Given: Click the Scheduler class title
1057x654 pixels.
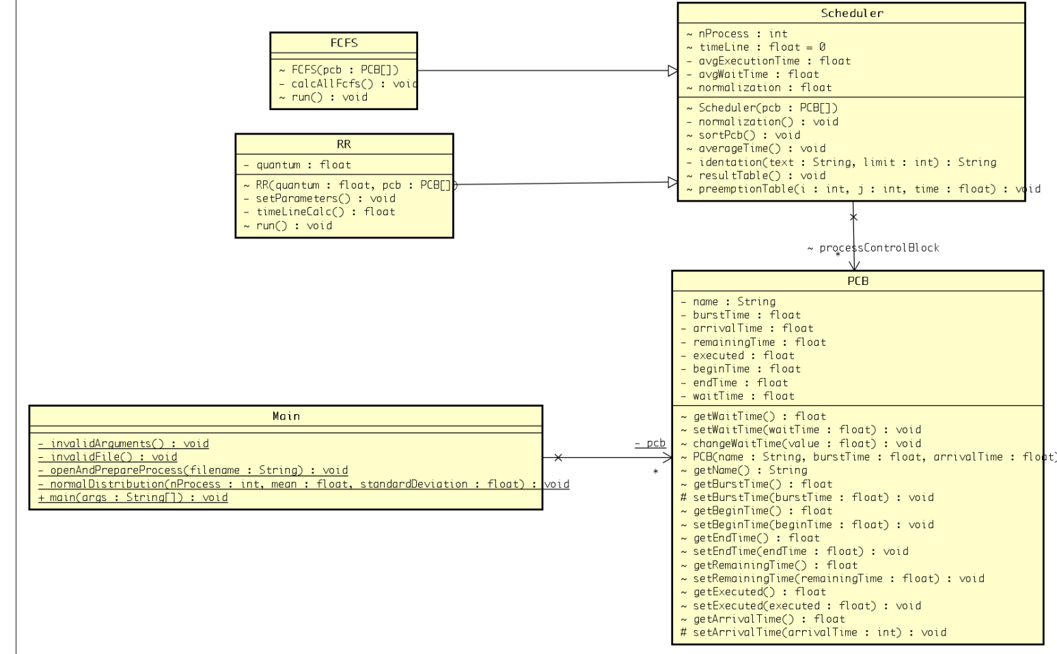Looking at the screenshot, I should pyautogui.click(x=851, y=13).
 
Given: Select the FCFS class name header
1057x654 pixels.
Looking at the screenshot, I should pyautogui.click(x=343, y=42).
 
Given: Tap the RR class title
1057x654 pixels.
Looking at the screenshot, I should pyautogui.click(x=344, y=144).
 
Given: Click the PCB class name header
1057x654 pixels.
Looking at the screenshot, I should pyautogui.click(x=857, y=281).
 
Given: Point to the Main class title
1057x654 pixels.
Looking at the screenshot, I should pyautogui.click(x=286, y=415).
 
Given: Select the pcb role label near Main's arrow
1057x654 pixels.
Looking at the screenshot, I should pyautogui.click(x=650, y=443).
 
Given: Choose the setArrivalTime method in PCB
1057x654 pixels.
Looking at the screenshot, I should pyautogui.click(x=813, y=632).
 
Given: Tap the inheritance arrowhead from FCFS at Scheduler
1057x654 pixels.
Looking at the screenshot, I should pyautogui.click(x=672, y=70).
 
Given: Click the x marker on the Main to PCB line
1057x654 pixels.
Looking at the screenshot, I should pyautogui.click(x=558, y=457).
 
